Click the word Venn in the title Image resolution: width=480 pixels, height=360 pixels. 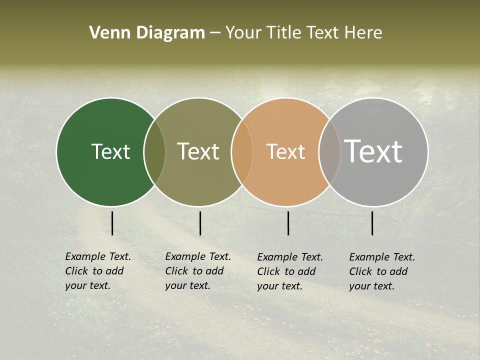pyautogui.click(x=106, y=33)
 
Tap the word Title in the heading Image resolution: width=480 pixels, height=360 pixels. pyautogui.click(x=283, y=33)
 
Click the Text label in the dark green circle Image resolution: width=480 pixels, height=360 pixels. pyautogui.click(x=110, y=151)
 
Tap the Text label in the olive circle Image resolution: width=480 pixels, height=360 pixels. pyautogui.click(x=198, y=151)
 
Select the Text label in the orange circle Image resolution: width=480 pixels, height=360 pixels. pyautogui.click(x=285, y=151)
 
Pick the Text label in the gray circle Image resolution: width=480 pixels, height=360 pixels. pyautogui.click(x=373, y=151)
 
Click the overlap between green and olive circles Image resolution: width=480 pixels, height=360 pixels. pyautogui.click(x=154, y=152)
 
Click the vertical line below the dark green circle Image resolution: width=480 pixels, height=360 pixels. pyautogui.click(x=112, y=223)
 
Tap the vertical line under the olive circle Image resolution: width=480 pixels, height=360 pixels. pyautogui.click(x=200, y=223)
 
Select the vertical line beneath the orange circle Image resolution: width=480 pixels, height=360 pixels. pyautogui.click(x=288, y=223)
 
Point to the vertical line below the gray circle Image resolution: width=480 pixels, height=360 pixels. pyautogui.click(x=372, y=223)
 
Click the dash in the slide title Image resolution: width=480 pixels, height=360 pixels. pyautogui.click(x=215, y=33)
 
